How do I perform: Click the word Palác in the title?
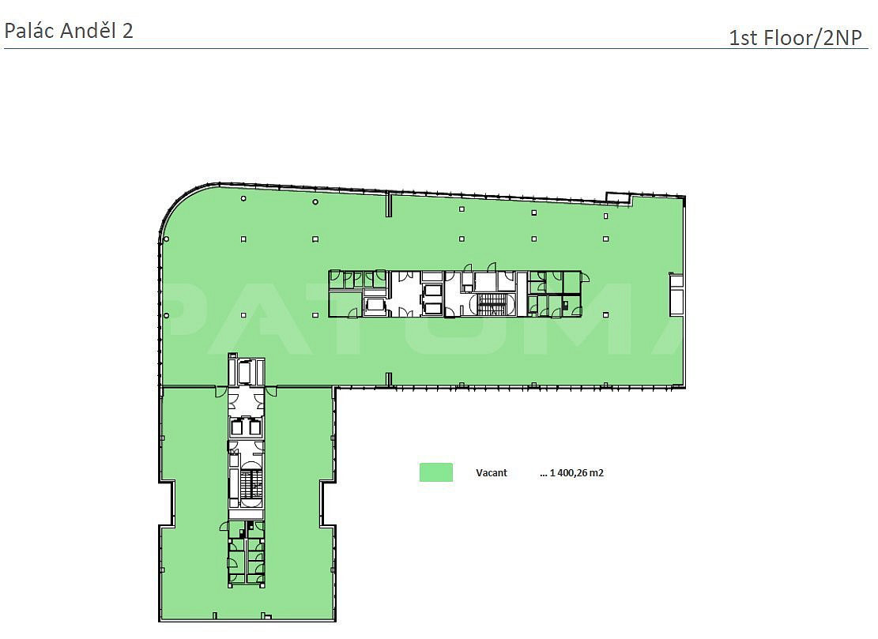point(29,32)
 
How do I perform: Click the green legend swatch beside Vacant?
point(436,472)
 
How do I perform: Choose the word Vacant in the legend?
point(491,473)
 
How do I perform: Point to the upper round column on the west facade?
point(166,239)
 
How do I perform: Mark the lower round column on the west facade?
point(166,316)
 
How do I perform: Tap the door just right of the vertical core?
point(271,391)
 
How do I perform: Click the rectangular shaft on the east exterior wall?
point(676,295)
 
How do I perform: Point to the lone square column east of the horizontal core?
point(606,315)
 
